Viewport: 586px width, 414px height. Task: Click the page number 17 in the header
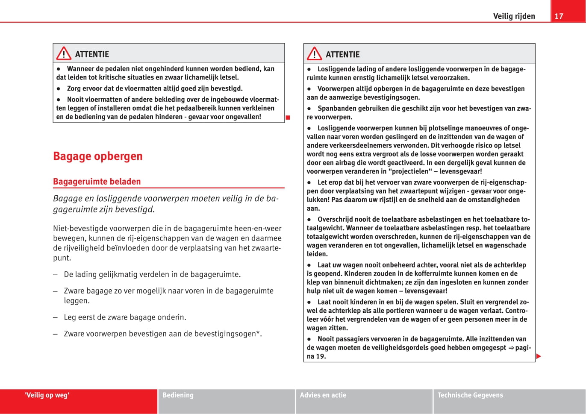559,16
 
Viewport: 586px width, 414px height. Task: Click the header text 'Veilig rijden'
514,16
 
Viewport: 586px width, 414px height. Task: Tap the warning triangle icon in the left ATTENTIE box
64,53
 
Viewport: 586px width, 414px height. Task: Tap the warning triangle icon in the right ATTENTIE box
314,54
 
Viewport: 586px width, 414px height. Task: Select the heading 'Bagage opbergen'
97,156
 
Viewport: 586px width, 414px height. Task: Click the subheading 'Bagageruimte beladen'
97,181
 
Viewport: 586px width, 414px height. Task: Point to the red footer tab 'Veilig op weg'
47,395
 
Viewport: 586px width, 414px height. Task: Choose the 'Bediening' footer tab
178,395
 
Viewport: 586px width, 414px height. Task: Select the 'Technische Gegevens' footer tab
470,395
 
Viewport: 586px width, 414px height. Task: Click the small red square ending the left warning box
288,117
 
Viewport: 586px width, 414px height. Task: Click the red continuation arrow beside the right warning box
539,356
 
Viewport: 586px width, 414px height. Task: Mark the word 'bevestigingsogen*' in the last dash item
228,334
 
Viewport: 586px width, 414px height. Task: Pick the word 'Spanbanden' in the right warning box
336,108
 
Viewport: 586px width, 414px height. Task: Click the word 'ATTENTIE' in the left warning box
92,54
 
